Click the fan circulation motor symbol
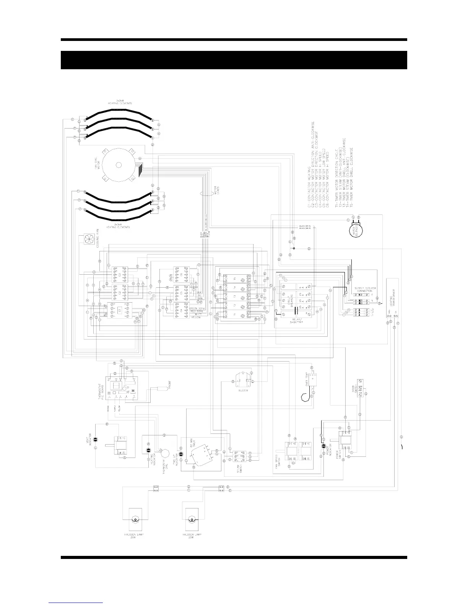[x=118, y=165]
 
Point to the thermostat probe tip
[x=163, y=388]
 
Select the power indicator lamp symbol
[x=323, y=446]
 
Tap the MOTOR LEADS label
[x=215, y=189]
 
